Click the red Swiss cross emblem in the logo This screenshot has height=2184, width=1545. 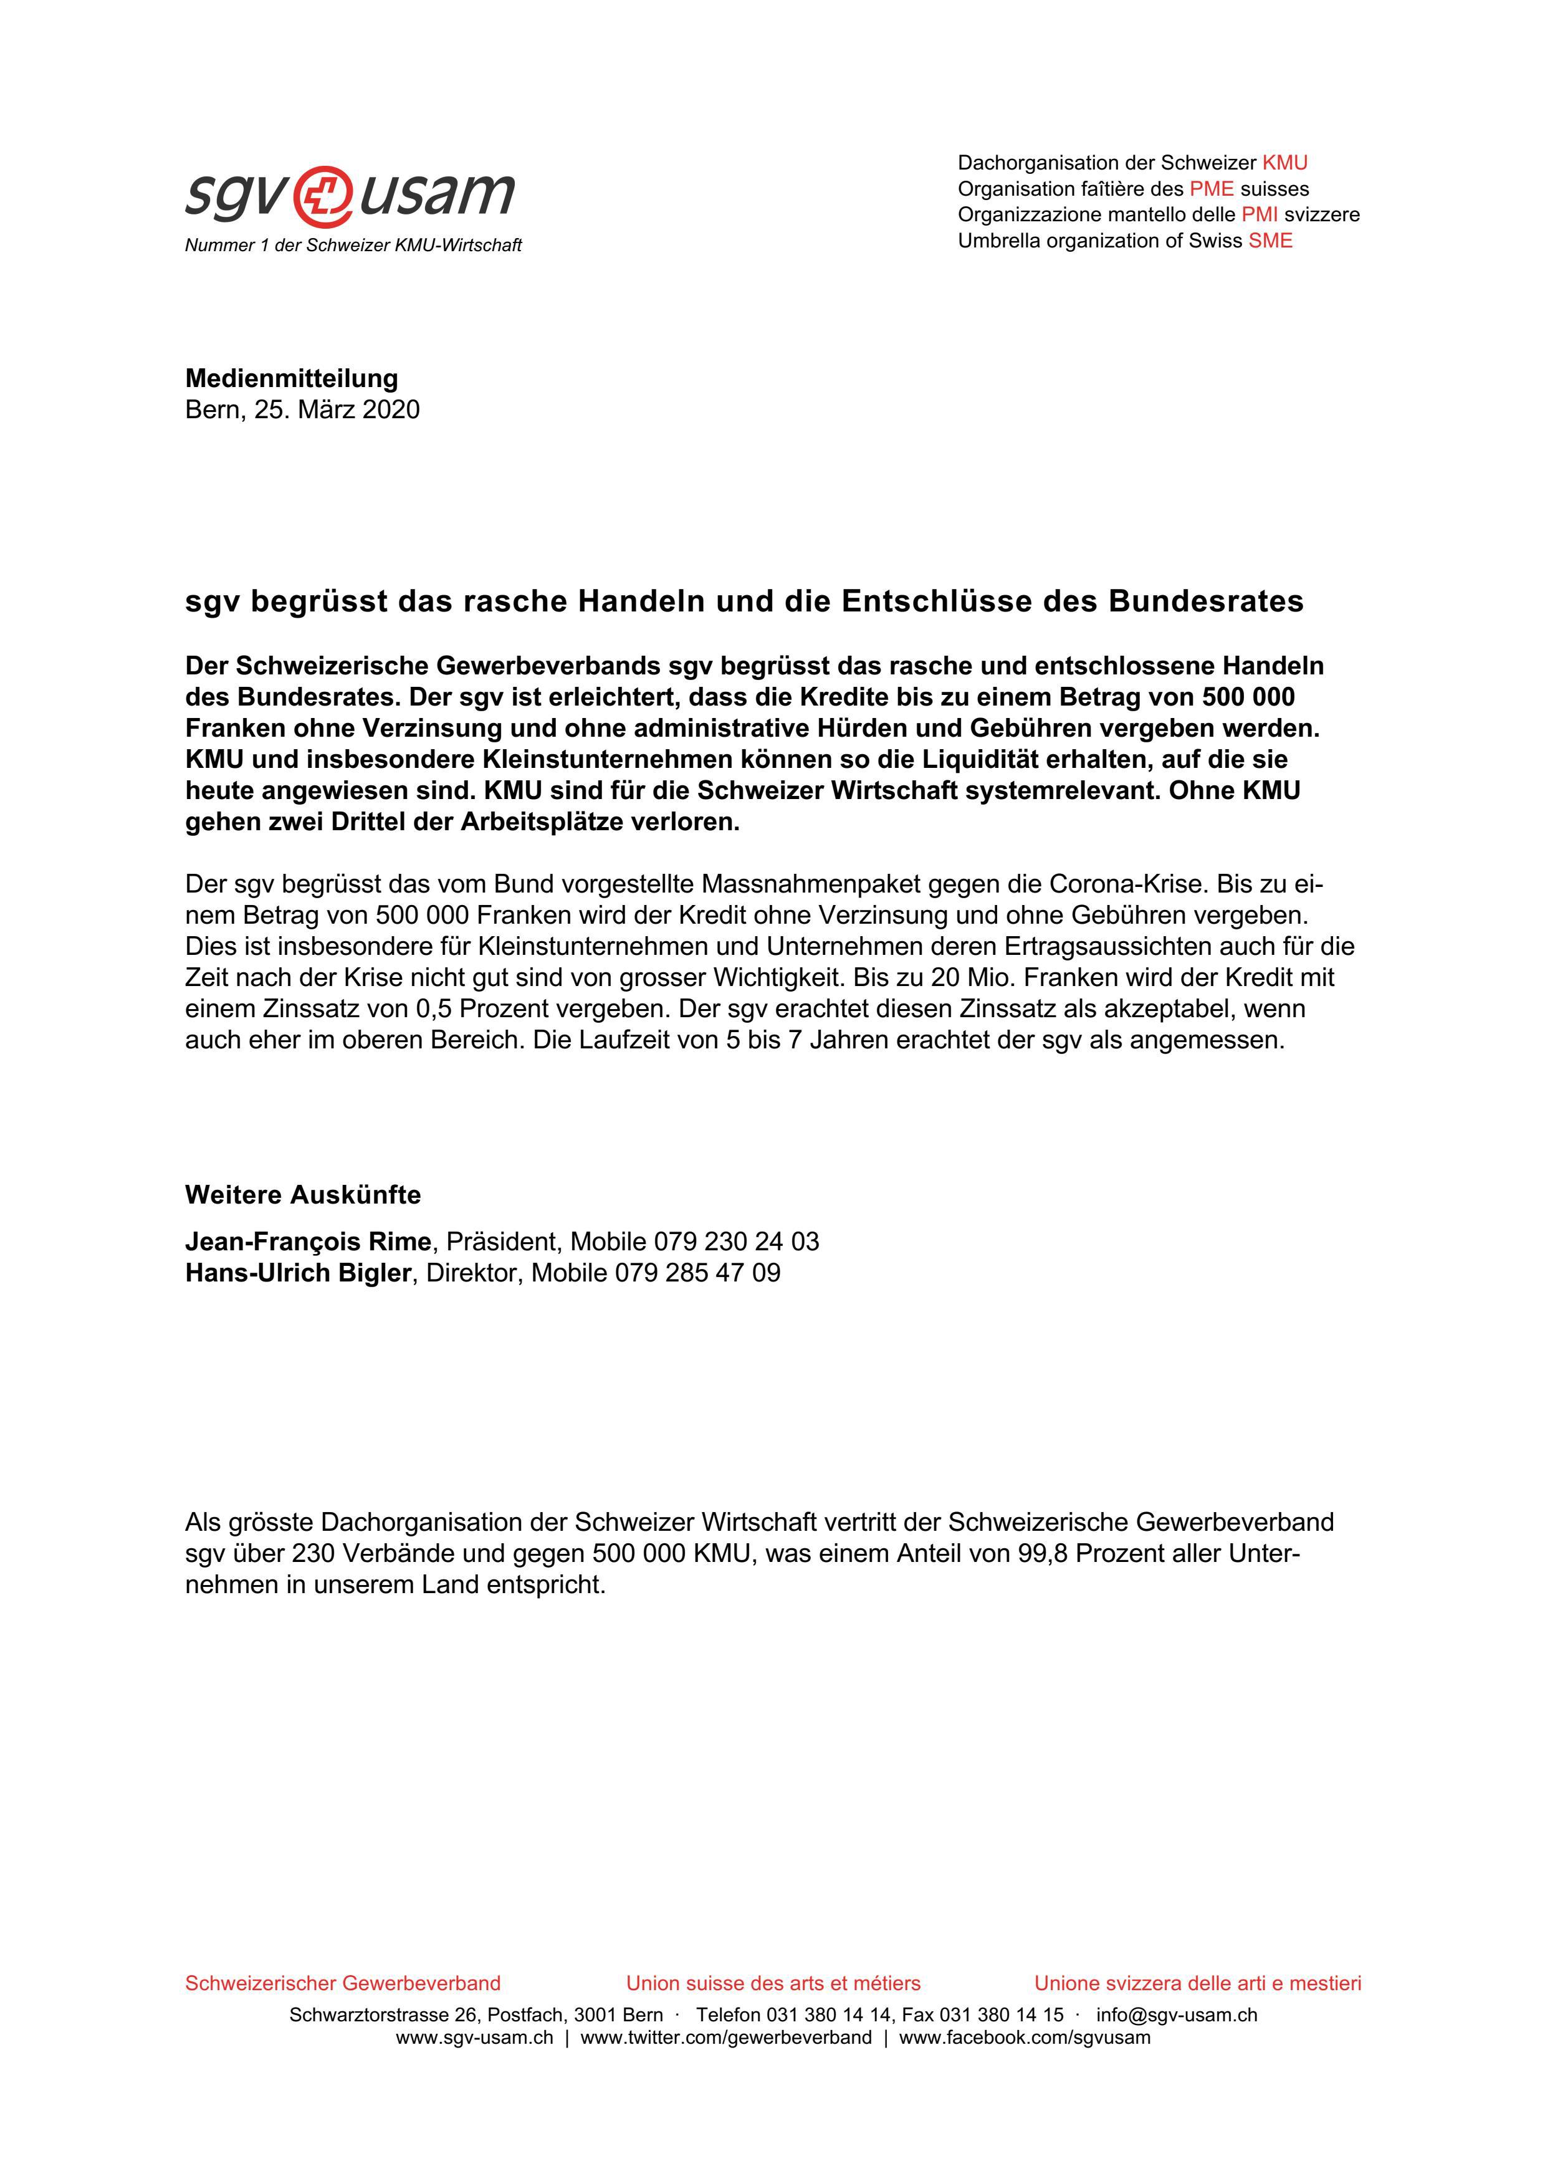pos(322,195)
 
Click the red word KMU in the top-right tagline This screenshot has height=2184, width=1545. pos(1284,163)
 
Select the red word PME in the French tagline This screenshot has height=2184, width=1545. pos(1211,188)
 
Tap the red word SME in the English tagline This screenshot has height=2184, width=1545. pos(1270,241)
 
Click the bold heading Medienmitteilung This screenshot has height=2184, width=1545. pos(291,378)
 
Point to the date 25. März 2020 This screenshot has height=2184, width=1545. pos(336,410)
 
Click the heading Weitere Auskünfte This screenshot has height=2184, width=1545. pos(302,1195)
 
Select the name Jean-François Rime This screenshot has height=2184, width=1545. pos(307,1242)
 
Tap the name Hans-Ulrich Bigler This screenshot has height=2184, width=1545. pos(297,1273)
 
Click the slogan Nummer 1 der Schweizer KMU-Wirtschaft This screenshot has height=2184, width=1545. pos(353,246)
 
